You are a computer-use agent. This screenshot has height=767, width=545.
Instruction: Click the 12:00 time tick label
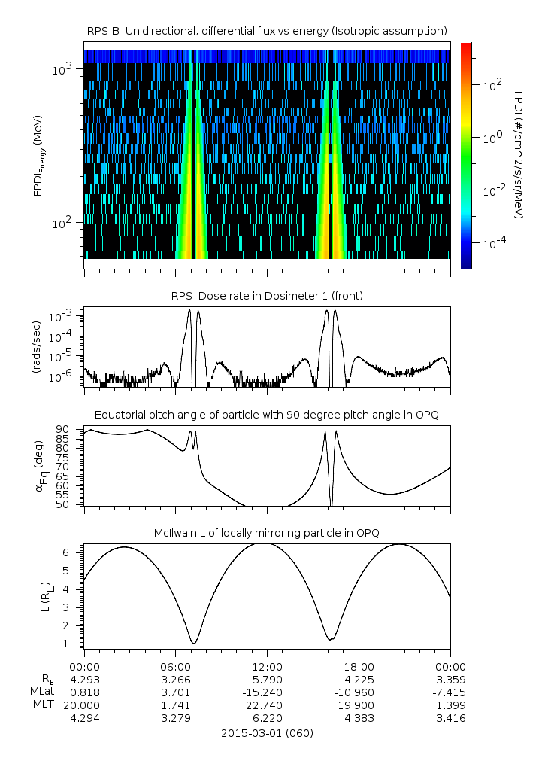click(x=267, y=666)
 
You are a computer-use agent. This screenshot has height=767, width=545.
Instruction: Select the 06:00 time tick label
click(x=176, y=666)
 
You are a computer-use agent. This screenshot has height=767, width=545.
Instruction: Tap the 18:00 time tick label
click(x=359, y=666)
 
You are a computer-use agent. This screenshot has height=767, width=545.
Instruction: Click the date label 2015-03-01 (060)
click(x=267, y=732)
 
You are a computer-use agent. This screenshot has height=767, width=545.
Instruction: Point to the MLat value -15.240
click(x=267, y=692)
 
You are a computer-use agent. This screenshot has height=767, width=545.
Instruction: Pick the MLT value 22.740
click(x=267, y=705)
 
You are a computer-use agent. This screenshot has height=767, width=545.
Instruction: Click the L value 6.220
click(x=267, y=719)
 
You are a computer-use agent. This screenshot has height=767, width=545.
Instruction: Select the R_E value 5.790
click(x=267, y=679)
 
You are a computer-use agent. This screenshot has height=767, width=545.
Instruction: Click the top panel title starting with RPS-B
click(x=267, y=30)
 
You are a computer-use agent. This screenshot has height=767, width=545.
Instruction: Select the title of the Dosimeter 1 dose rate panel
click(x=267, y=296)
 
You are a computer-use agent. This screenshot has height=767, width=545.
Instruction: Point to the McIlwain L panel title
click(x=267, y=533)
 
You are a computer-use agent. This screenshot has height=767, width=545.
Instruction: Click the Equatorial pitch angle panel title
click(x=267, y=415)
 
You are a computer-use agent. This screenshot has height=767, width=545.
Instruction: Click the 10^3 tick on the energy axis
click(x=62, y=69)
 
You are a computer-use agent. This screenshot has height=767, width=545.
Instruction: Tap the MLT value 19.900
click(x=359, y=705)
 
